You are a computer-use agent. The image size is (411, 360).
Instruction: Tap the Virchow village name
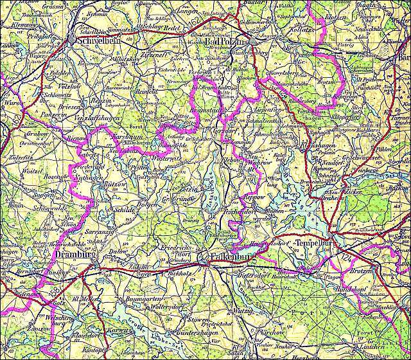(272, 334)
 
